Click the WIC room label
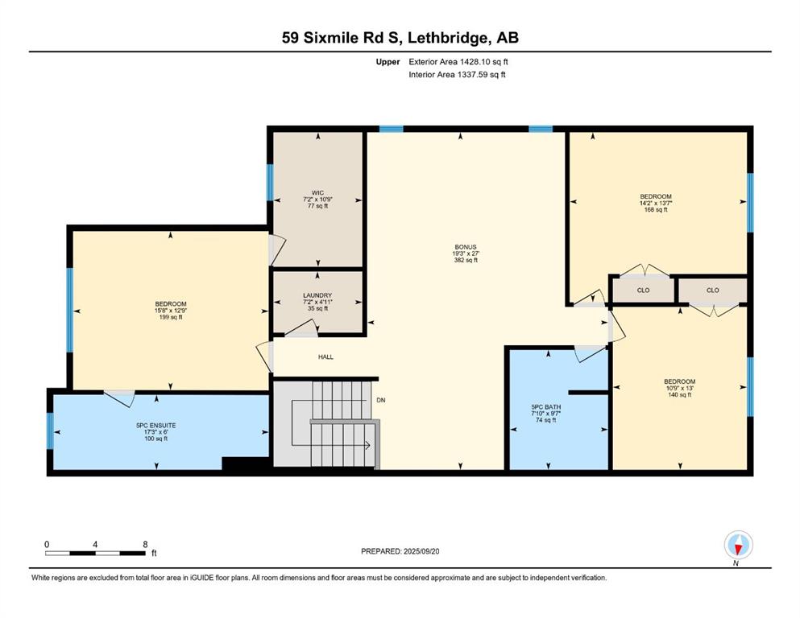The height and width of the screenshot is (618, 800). pos(317,193)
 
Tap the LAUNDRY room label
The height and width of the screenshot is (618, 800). pos(317,295)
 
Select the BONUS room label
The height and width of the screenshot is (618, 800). pos(466,247)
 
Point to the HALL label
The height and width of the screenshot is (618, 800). pos(325,357)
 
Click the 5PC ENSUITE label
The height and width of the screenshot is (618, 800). pos(155,426)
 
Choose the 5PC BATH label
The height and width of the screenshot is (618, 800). pos(546,407)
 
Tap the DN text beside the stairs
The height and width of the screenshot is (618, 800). pos(380,401)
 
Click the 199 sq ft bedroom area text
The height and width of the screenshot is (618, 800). pos(171,317)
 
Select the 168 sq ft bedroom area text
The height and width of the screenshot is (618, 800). pos(656,210)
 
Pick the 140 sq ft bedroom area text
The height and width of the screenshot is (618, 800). pos(680,395)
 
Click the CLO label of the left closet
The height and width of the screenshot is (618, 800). pos(644,290)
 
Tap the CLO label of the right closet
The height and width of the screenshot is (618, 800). pos(713,290)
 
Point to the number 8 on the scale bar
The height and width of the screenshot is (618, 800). pos(145,544)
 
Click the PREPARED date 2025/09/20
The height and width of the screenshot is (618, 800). pos(421,551)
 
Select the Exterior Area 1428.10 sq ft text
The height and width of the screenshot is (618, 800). pos(458,62)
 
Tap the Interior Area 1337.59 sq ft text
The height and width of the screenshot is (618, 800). pos(457,74)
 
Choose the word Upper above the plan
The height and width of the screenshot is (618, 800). pos(388,62)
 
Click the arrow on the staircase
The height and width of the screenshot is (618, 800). pos(331,445)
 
